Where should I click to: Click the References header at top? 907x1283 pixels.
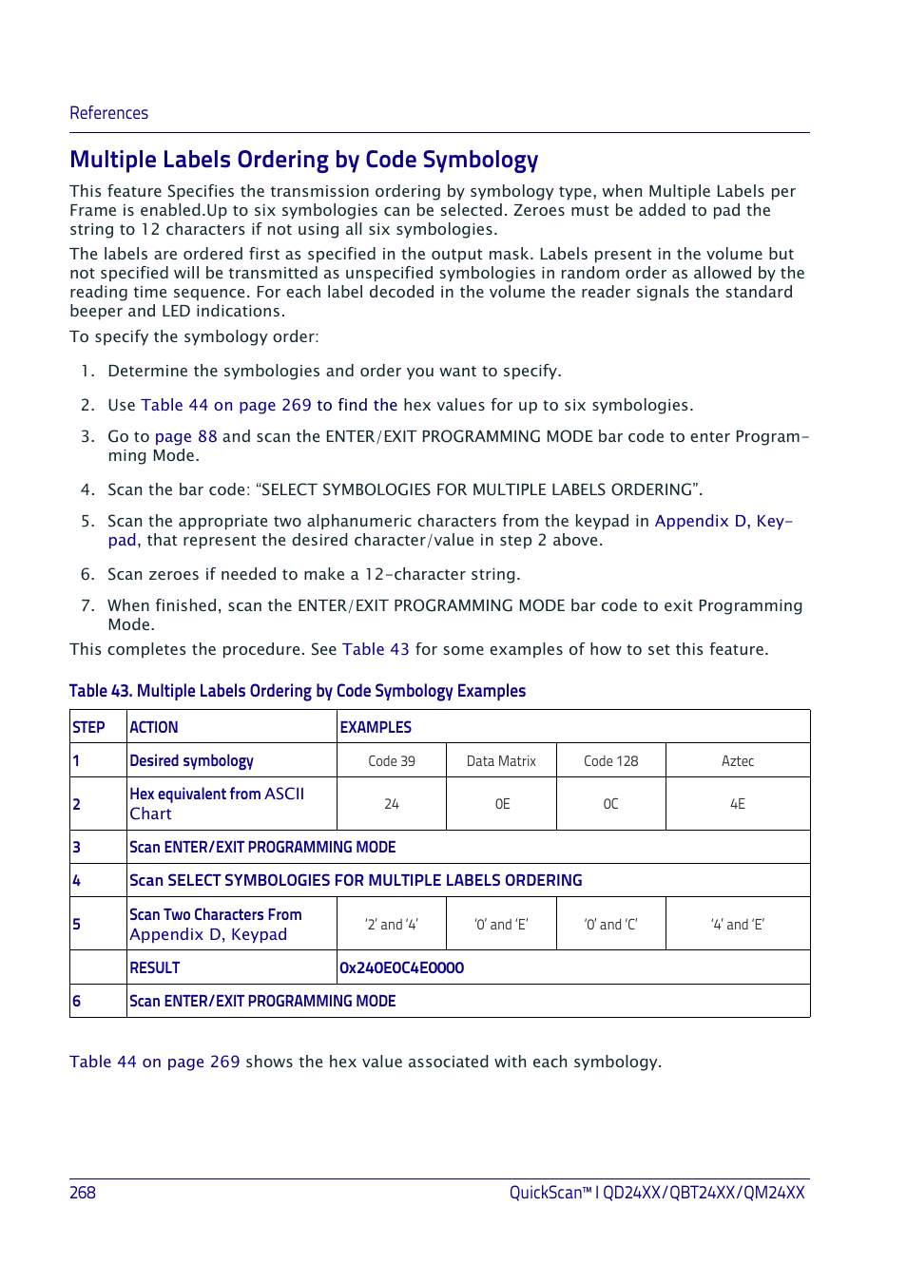click(x=108, y=113)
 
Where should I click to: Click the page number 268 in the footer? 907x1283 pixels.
click(x=83, y=1192)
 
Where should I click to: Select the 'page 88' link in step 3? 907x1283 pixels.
click(x=185, y=436)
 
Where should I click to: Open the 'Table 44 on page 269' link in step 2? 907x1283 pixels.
click(x=226, y=405)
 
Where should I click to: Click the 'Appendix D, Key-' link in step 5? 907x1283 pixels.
click(x=723, y=521)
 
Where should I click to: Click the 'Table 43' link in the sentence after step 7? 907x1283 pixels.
click(x=376, y=649)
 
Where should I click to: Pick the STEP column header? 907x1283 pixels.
click(x=88, y=727)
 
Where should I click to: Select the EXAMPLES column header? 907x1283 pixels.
click(x=376, y=727)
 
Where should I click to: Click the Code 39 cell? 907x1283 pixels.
click(x=392, y=761)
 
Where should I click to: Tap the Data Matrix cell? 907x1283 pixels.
click(x=501, y=761)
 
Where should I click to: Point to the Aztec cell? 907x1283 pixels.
click(x=738, y=761)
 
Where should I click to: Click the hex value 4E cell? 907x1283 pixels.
click(x=738, y=804)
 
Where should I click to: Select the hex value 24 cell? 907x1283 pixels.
click(x=392, y=804)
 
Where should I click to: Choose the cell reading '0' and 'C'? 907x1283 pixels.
click(x=610, y=925)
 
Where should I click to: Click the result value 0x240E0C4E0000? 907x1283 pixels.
click(x=401, y=967)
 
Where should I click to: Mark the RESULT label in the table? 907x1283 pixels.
click(x=155, y=967)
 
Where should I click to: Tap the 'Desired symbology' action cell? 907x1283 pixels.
click(x=192, y=761)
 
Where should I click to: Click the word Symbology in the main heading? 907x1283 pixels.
click(x=480, y=160)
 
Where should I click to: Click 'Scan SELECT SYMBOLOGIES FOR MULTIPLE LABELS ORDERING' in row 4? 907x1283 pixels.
click(x=356, y=880)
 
